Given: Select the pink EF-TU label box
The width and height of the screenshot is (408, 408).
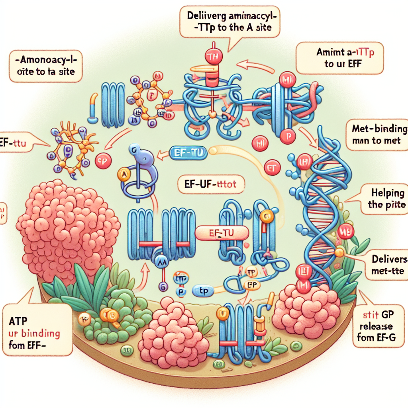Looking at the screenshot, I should point(222,233).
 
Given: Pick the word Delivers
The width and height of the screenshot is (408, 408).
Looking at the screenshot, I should point(386,260).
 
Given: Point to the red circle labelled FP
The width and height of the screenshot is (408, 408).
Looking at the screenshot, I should point(104,161).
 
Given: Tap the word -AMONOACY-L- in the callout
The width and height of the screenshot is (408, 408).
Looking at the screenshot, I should point(44,62).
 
